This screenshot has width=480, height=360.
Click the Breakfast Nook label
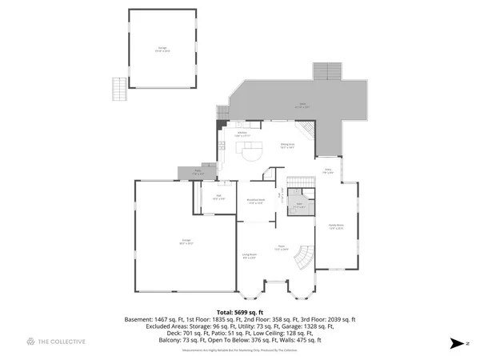pyautogui.click(x=256, y=202)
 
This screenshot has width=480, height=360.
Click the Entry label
pyautogui.click(x=328, y=170)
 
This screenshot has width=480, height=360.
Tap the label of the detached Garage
pyautogui.click(x=162, y=50)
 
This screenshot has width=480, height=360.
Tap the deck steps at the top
pyautogui.click(x=327, y=70)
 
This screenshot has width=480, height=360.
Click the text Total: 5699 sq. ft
pyautogui.click(x=240, y=312)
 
